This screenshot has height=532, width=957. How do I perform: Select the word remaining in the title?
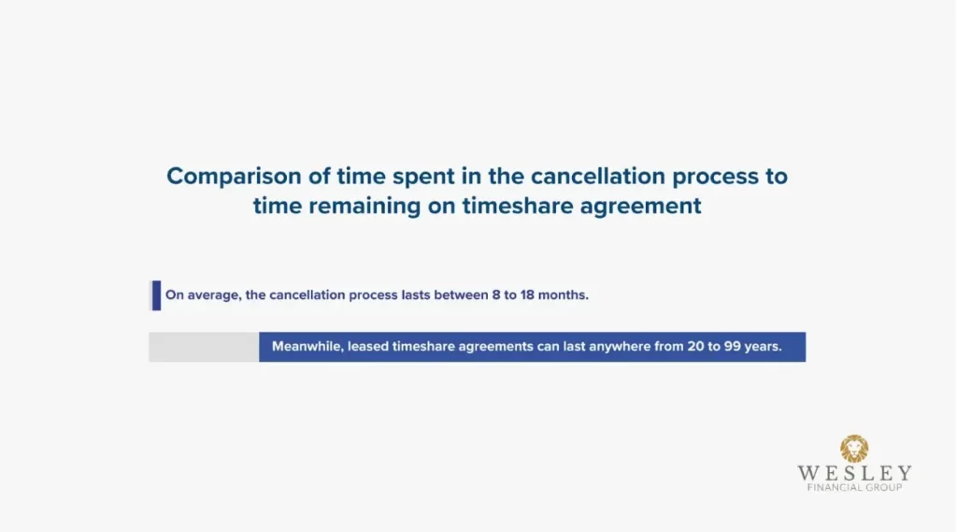(364, 206)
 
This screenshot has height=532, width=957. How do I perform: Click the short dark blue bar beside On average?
(156, 295)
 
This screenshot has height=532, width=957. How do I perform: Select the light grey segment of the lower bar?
(204, 347)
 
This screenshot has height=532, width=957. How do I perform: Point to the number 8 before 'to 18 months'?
(496, 295)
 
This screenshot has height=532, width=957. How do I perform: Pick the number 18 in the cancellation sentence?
(527, 295)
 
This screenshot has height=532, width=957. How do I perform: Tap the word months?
(563, 295)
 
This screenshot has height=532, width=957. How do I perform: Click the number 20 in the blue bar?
(695, 346)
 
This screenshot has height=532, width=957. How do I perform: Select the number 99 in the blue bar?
(733, 346)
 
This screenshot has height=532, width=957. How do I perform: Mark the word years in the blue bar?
(763, 347)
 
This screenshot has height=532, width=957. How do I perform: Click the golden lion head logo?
(854, 449)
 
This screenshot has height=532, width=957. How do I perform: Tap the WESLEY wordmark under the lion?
(854, 473)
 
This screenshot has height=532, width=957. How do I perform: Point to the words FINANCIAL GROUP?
(854, 487)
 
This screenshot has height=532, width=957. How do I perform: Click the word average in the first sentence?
(214, 295)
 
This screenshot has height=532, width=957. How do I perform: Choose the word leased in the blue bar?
(368, 346)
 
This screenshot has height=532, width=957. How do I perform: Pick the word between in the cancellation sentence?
(462, 295)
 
